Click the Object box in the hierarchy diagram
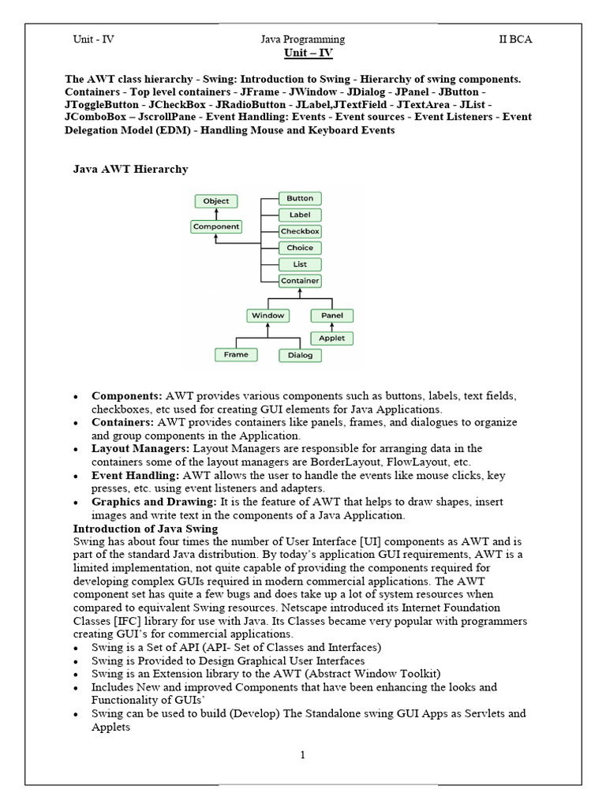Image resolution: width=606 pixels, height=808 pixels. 216,201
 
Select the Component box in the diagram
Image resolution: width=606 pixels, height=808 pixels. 216,226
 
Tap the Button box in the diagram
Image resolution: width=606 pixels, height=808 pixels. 300,199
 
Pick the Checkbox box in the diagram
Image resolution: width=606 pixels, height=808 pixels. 300,232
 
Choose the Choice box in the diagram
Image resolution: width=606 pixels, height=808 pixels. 300,249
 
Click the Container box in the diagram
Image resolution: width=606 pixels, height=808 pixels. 300,281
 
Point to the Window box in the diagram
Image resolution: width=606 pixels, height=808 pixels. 267,316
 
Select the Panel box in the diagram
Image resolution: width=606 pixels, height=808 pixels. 332,316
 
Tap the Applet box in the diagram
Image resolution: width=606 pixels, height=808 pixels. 332,339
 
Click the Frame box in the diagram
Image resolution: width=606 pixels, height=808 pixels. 236,355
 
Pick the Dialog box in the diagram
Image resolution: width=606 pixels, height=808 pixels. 300,355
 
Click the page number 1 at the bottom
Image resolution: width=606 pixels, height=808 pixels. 302,755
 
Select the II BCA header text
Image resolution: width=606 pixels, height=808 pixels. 515,39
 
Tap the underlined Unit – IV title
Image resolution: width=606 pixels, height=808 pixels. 303,54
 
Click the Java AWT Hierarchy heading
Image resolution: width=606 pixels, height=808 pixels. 130,169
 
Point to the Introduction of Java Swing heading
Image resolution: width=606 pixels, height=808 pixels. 146,529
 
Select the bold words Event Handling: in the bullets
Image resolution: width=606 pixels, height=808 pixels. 135,476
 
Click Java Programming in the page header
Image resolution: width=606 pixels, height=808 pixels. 302,39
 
